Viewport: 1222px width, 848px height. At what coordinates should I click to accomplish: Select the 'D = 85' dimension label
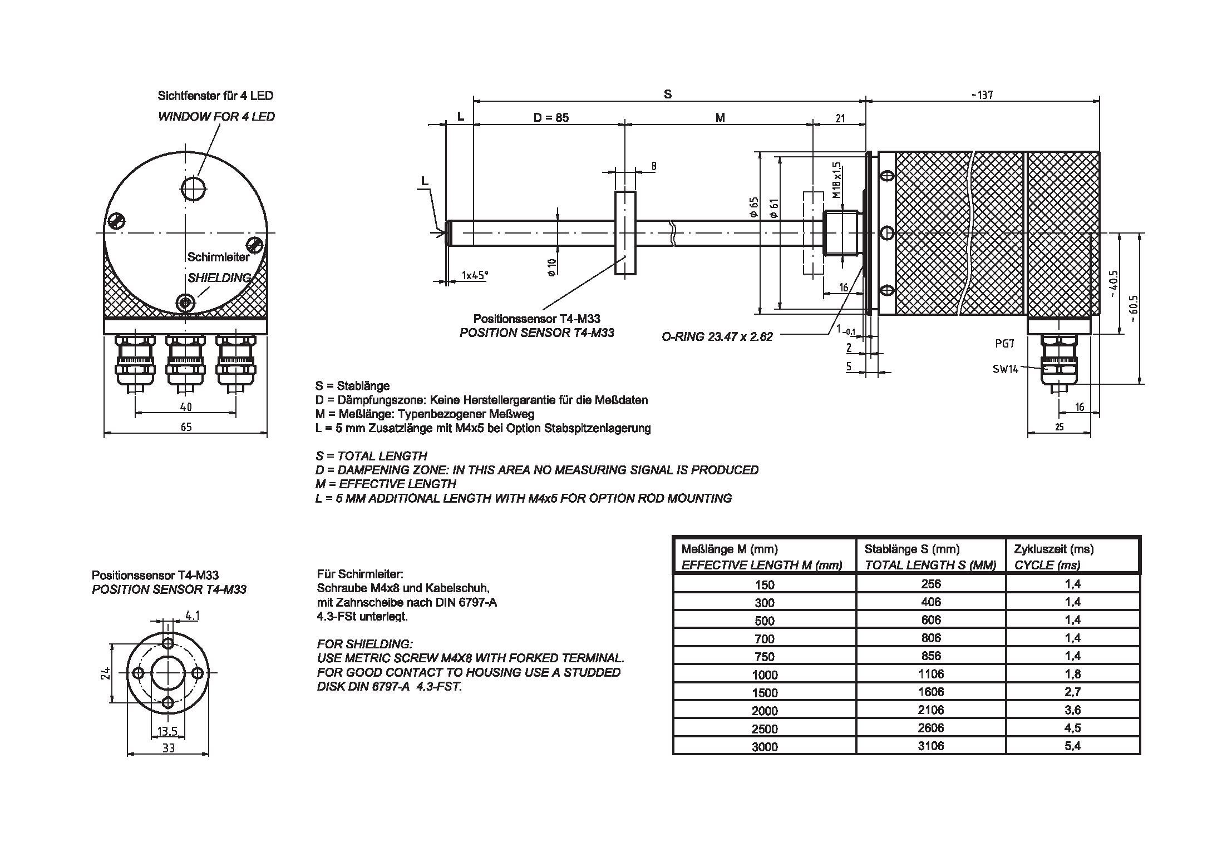coord(551,117)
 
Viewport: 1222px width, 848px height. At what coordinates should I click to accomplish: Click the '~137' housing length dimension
coord(982,95)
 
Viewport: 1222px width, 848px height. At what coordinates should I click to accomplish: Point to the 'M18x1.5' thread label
coord(836,181)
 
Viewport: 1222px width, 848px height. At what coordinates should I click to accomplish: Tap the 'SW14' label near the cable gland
coord(1005,369)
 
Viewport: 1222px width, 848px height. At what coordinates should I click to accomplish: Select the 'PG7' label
coord(1004,344)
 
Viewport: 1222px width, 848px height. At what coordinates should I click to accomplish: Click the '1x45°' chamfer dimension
coord(474,275)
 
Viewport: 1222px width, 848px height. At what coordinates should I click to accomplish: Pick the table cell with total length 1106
coord(930,674)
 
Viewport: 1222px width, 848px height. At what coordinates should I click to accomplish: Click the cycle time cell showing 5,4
coord(1072,746)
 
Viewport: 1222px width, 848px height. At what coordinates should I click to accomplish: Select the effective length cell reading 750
coord(764,657)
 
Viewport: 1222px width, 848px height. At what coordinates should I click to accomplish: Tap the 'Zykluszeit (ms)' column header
coord(1053,549)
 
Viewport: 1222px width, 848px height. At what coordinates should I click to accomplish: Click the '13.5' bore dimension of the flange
coord(167,731)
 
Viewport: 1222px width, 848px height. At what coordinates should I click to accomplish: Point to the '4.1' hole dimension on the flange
coord(192,616)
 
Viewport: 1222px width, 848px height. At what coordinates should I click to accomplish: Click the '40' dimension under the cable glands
coord(186,407)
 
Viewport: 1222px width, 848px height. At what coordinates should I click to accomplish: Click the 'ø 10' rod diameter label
coord(552,267)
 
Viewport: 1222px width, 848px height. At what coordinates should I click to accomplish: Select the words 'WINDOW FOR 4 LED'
coord(216,116)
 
